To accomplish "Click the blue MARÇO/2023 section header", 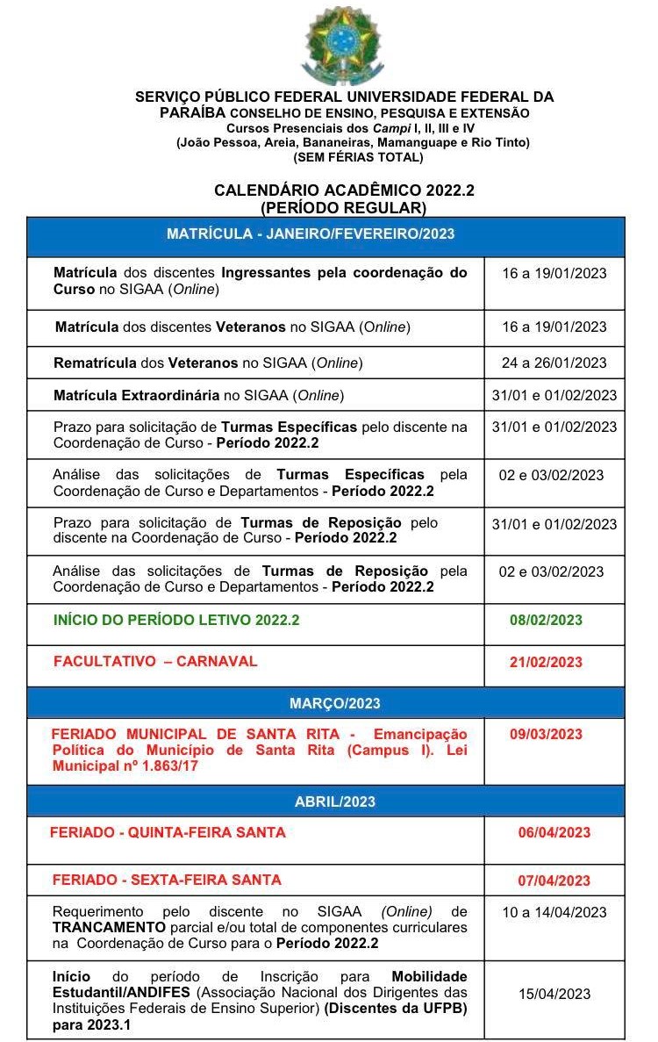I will click(x=334, y=703).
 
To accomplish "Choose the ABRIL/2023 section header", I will click(x=334, y=801).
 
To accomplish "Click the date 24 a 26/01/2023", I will click(x=554, y=363).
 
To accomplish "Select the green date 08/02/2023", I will click(x=546, y=620).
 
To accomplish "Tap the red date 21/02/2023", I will click(x=546, y=662).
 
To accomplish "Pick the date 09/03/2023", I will click(x=546, y=734).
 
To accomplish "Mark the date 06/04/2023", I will click(x=554, y=832).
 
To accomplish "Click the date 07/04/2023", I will click(x=554, y=880).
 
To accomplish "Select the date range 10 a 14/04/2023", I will click(x=554, y=912).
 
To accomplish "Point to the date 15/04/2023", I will click(x=554, y=994).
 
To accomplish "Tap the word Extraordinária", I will click(x=172, y=395).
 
